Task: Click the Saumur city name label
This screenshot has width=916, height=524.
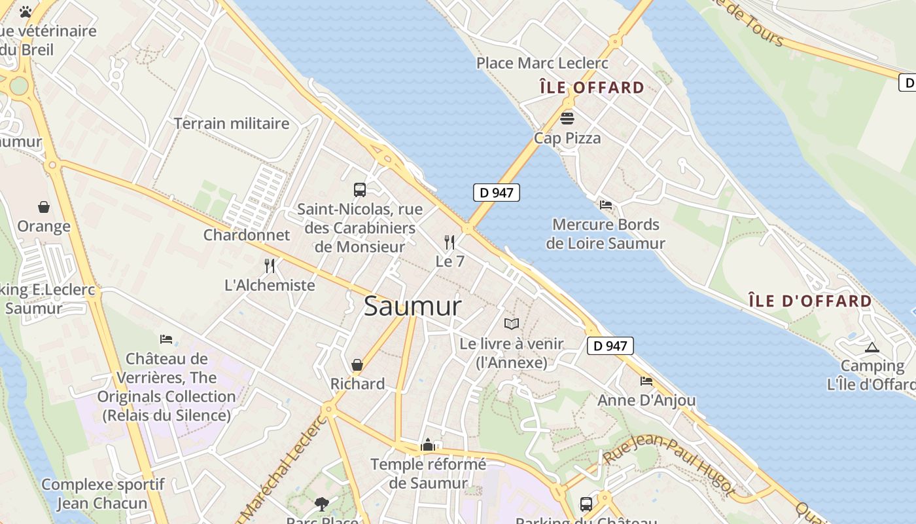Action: click(x=412, y=306)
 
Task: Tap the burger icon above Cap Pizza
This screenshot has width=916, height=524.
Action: click(x=567, y=119)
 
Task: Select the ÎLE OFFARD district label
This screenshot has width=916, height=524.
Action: click(x=591, y=88)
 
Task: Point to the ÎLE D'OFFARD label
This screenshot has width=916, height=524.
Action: click(x=810, y=301)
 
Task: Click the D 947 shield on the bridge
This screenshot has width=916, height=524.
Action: click(x=497, y=193)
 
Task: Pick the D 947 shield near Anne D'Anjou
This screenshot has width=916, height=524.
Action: click(x=610, y=346)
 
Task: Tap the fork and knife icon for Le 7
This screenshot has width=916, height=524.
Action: click(x=449, y=242)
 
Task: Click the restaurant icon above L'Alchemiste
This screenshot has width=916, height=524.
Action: click(x=270, y=265)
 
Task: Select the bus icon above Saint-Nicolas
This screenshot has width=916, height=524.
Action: click(x=359, y=190)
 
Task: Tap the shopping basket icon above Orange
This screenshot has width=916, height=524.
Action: click(x=44, y=207)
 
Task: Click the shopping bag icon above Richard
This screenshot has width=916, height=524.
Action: click(x=357, y=364)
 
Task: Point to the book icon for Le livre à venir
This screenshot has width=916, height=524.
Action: click(x=512, y=324)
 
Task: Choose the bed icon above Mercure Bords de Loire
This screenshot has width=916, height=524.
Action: click(x=606, y=205)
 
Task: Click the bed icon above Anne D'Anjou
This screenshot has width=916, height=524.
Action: click(x=646, y=381)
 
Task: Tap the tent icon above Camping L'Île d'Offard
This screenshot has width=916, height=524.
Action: click(x=872, y=347)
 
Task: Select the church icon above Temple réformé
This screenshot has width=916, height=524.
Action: click(x=428, y=445)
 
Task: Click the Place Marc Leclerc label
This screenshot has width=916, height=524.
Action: click(x=542, y=64)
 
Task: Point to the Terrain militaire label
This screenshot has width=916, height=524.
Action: click(x=232, y=123)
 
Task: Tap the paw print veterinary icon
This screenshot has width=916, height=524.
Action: click(x=26, y=12)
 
